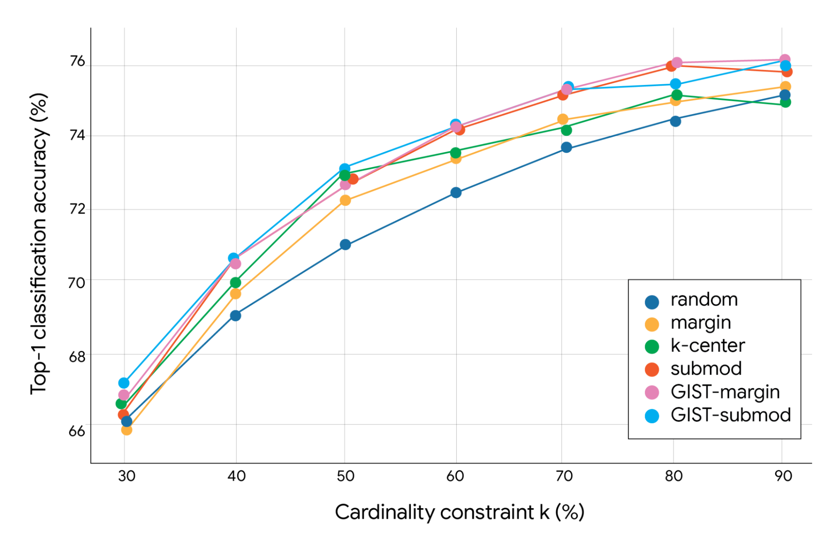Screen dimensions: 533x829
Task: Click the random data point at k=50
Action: pos(345,245)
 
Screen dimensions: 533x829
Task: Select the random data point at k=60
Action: pos(456,192)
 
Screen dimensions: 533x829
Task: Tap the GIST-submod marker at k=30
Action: pos(124,382)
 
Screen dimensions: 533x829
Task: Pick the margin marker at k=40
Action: pos(235,294)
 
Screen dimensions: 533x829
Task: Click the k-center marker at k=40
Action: pos(235,282)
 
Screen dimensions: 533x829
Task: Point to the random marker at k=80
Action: pos(675,121)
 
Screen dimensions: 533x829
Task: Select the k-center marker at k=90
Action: pos(785,102)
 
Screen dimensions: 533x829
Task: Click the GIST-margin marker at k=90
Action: pos(784,59)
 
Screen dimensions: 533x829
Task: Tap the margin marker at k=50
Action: pos(345,200)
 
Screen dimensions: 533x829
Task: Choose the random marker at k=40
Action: pos(235,316)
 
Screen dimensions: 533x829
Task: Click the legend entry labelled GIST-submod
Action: pos(730,415)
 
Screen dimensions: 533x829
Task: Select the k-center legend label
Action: pos(707,346)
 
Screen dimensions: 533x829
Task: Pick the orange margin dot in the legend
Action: pos(652,324)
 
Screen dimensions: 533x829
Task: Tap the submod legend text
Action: pos(706,369)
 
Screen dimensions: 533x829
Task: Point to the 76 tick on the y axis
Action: pos(77,61)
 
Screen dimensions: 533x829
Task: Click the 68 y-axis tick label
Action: pos(77,356)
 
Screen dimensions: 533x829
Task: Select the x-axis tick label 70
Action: pos(564,476)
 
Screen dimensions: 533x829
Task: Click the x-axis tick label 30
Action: pos(126,476)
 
